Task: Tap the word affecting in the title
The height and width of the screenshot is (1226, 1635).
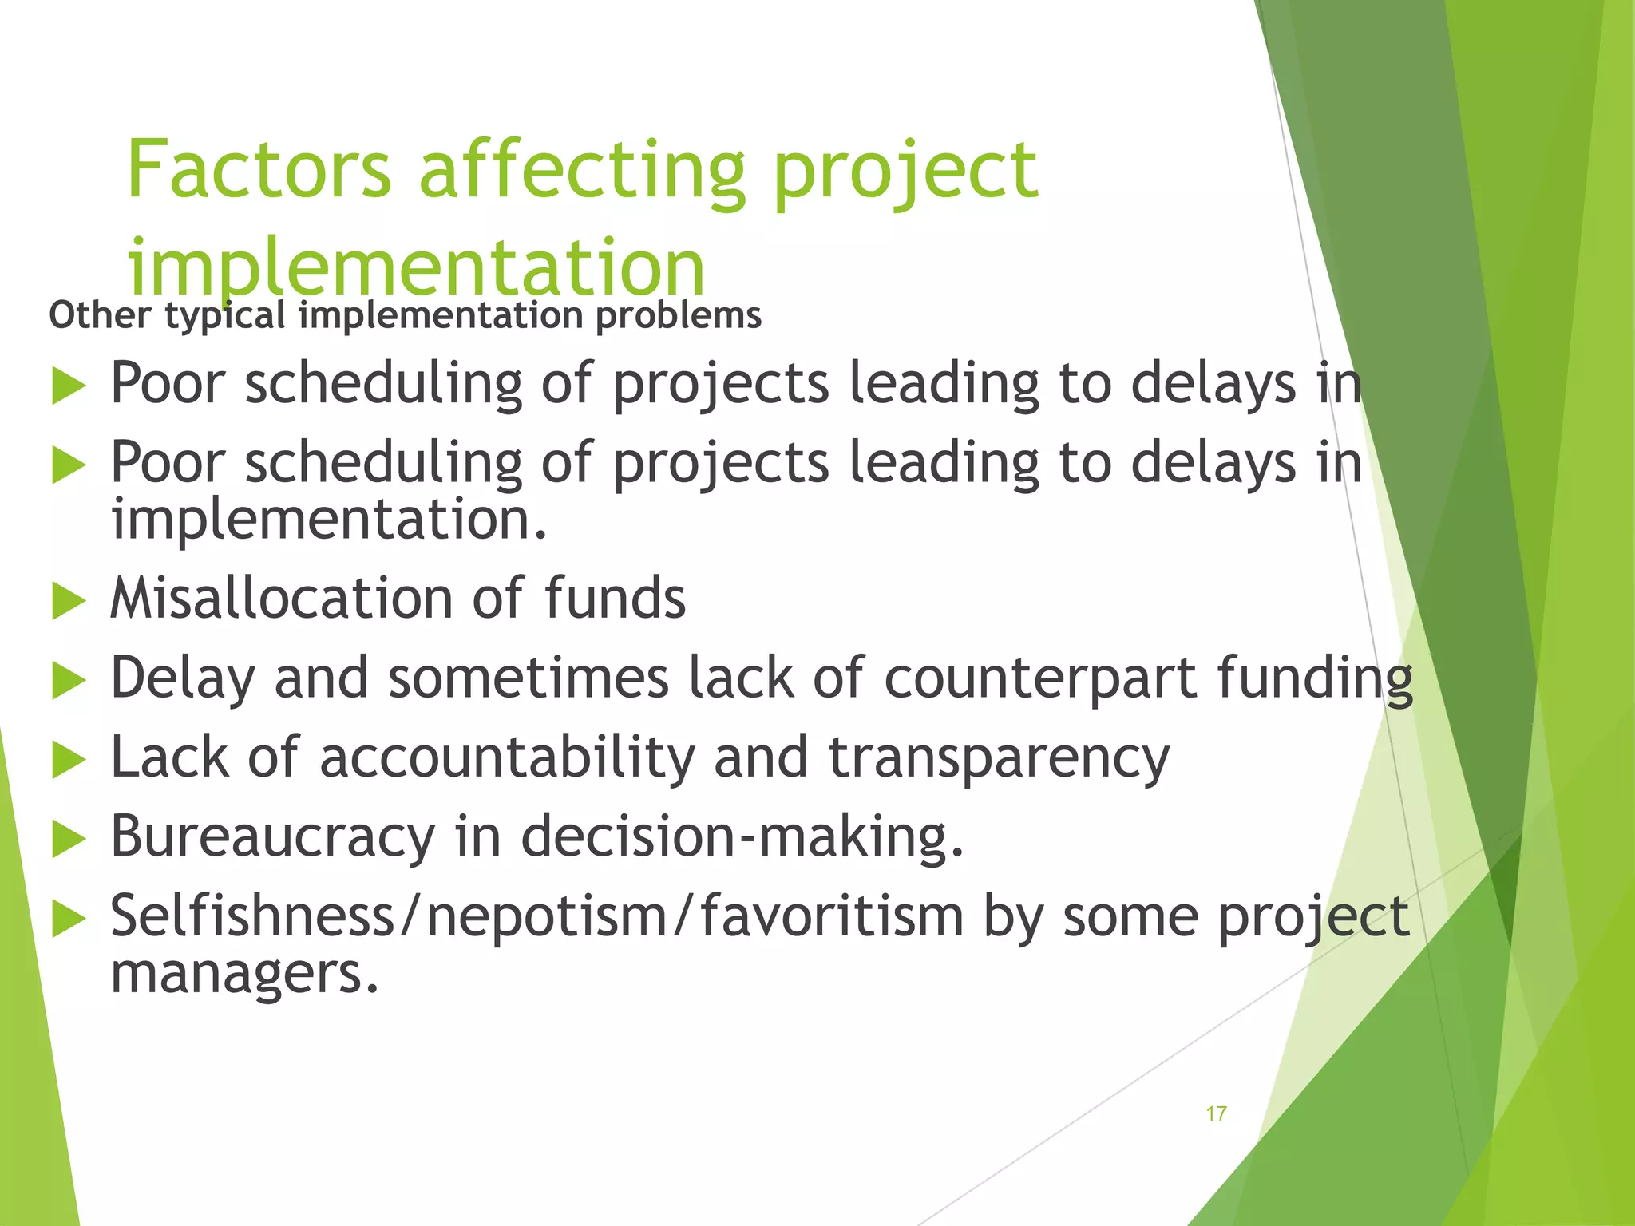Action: (x=582, y=169)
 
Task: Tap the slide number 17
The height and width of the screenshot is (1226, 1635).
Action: (x=1216, y=1113)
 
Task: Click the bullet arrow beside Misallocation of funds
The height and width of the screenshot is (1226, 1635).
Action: (x=68, y=601)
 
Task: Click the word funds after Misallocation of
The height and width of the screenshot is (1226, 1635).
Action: (x=615, y=599)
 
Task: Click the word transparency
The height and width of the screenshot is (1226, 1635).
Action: (x=999, y=759)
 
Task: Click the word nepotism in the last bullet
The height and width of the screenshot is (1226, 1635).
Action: (x=546, y=917)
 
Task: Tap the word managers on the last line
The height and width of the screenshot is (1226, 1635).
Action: (x=243, y=975)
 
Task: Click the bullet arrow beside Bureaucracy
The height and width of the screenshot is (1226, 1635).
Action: (x=68, y=840)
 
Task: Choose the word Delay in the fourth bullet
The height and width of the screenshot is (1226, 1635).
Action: (x=183, y=678)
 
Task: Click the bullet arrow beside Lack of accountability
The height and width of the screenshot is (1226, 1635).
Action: (x=68, y=760)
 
